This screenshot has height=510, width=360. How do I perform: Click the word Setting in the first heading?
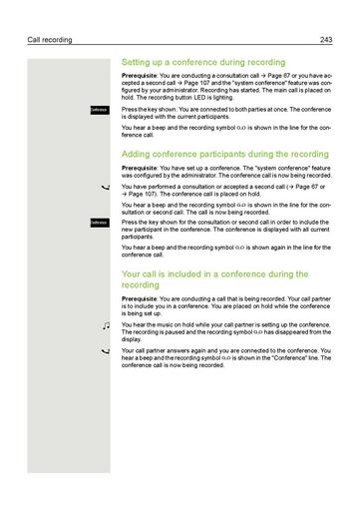tap(138, 62)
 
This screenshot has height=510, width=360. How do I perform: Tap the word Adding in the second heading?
tap(138, 155)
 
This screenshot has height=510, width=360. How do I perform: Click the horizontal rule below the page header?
tap(180, 46)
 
